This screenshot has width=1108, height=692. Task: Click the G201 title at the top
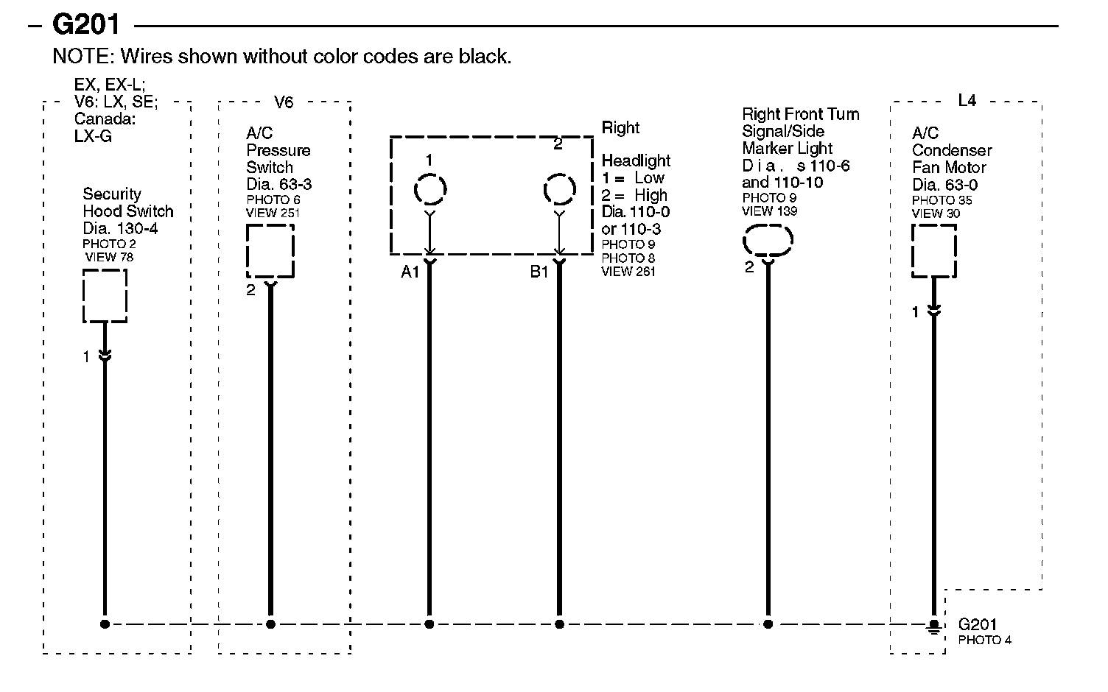85,25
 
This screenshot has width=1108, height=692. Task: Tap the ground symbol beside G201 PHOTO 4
933,626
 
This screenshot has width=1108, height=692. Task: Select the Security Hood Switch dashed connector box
105,296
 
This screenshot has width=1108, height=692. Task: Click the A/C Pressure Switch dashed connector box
270,251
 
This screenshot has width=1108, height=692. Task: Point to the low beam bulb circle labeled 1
430,189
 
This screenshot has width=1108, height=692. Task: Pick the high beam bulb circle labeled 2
559,189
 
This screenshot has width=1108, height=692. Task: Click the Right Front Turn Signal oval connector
768,240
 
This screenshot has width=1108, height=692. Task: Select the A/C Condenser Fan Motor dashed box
933,250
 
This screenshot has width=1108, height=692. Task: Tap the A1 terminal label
410,272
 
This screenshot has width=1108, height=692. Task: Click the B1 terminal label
539,272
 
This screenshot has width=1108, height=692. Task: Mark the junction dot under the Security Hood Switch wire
105,624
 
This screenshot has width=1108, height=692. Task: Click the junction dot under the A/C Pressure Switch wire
270,624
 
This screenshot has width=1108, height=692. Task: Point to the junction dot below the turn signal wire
768,624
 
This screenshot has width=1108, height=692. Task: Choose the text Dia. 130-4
120,228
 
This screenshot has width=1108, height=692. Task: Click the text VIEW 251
273,213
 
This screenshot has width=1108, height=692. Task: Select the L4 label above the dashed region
967,101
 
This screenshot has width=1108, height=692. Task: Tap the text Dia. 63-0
945,184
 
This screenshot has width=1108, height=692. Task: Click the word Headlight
636,160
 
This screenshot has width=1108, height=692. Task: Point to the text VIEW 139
770,211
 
